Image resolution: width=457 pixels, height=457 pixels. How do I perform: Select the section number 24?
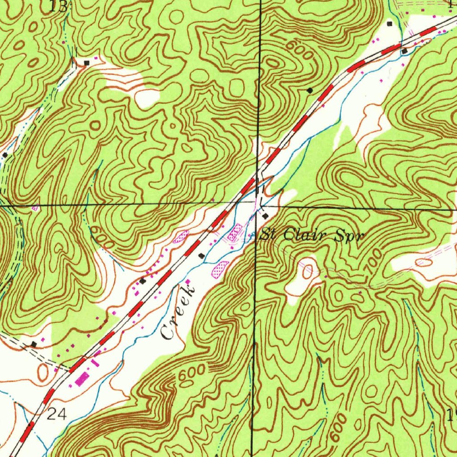[57, 415]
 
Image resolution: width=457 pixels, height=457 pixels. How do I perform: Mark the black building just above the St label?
[266, 216]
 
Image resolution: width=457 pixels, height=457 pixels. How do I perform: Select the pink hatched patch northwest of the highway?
[181, 236]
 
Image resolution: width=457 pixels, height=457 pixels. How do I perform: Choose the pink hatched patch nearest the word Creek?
[221, 269]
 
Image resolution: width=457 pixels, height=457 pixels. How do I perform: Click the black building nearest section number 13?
[87, 62]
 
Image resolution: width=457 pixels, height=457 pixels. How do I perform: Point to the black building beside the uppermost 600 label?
[310, 90]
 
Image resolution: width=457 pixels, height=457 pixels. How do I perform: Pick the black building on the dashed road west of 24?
[34, 344]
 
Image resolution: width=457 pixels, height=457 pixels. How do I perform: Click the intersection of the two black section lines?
[258, 204]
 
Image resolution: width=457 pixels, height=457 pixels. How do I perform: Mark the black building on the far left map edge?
[5, 154]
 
